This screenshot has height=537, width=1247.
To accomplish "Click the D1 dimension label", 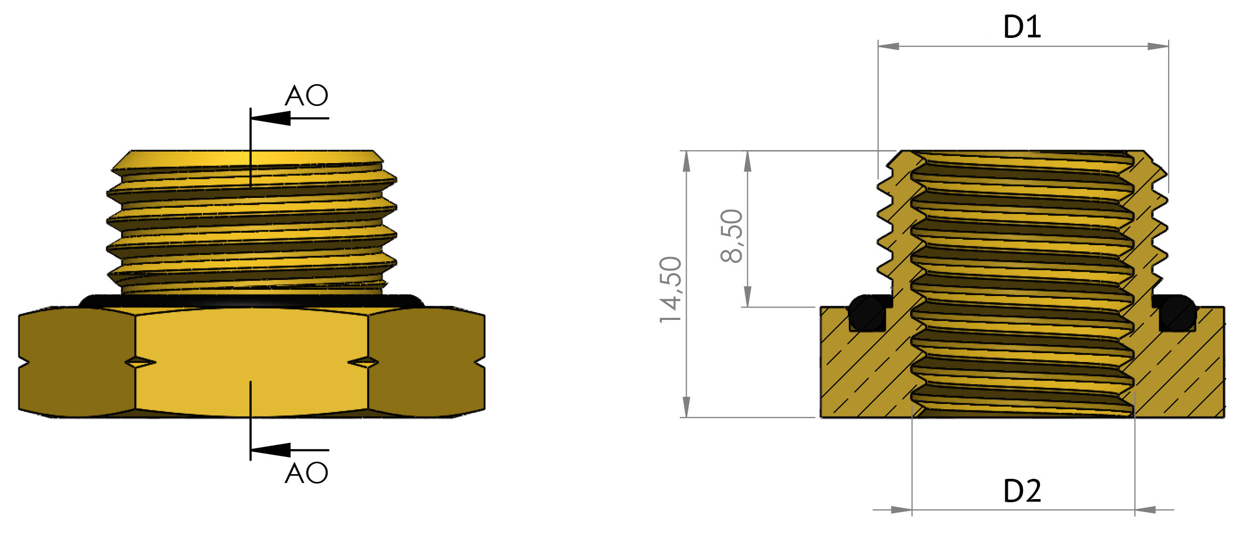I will click(x=1022, y=27).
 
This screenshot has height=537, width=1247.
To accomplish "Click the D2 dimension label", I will click(x=1022, y=491).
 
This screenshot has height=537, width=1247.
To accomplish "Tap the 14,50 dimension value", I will click(x=670, y=290).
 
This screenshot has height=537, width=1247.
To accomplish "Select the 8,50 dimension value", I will click(x=732, y=236).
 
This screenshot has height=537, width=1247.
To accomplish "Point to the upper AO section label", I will click(x=306, y=96).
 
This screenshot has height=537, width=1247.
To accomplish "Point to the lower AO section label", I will click(x=306, y=473).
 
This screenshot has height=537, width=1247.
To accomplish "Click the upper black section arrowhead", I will click(x=271, y=118).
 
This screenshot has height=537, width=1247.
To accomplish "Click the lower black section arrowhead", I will click(x=271, y=450).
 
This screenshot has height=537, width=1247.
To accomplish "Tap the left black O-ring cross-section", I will click(x=867, y=313).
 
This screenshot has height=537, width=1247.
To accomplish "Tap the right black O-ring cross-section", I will click(x=1177, y=313).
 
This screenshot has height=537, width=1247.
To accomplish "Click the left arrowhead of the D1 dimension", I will click(x=888, y=46).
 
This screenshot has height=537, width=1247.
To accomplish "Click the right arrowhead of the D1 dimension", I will click(x=1158, y=46).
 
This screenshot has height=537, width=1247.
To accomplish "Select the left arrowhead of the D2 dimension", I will click(x=901, y=510).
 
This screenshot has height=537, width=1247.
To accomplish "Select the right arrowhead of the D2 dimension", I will click(x=1145, y=510).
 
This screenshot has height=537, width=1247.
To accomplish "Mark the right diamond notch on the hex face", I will click(x=363, y=362).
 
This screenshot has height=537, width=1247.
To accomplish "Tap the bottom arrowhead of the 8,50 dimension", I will click(x=748, y=297).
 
